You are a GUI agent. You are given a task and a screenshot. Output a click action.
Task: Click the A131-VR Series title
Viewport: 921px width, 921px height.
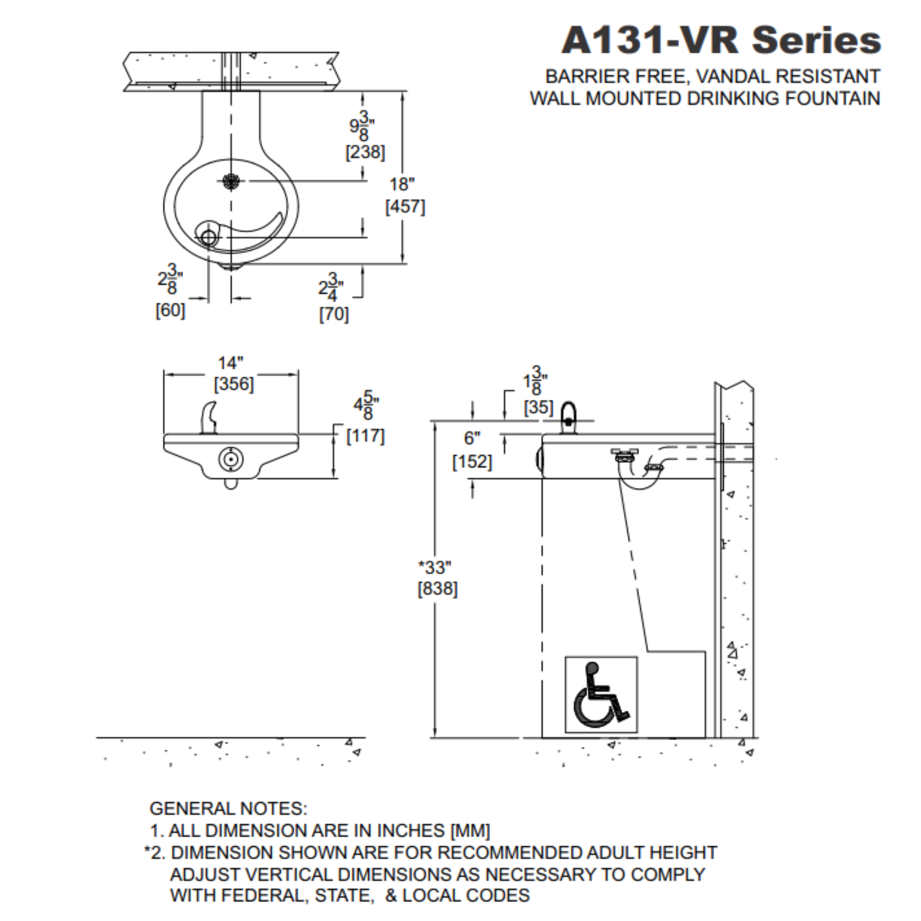click(721, 40)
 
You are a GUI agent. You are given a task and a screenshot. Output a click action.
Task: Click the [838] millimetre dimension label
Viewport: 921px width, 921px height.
click(438, 589)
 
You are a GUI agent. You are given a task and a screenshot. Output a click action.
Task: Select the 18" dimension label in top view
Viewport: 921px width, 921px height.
click(402, 184)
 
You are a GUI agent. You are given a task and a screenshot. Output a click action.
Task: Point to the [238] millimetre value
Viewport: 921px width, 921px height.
click(365, 152)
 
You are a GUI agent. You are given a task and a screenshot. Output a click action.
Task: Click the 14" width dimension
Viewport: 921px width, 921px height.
click(231, 363)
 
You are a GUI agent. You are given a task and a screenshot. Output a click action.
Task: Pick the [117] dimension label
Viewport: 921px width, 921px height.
click(366, 436)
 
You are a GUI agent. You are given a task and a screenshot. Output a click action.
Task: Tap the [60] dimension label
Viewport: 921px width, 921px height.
click(170, 311)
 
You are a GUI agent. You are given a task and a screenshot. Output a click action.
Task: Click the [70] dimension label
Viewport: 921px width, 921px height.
click(334, 315)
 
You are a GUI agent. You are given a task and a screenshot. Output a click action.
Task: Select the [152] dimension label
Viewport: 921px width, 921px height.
click(472, 461)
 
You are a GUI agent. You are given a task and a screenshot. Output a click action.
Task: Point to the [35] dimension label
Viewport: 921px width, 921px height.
click(539, 407)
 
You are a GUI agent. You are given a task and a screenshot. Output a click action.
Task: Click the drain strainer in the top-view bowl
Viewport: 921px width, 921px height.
click(231, 181)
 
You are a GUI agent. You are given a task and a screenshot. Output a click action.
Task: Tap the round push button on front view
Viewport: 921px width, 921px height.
click(231, 459)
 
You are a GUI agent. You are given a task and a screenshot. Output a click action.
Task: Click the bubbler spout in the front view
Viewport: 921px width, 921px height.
click(208, 418)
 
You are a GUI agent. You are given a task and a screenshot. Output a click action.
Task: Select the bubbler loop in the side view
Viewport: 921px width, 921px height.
click(568, 418)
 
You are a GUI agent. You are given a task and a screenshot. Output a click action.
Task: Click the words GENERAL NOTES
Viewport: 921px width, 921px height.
click(228, 809)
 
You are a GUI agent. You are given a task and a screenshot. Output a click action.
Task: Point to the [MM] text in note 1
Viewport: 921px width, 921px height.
click(470, 831)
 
